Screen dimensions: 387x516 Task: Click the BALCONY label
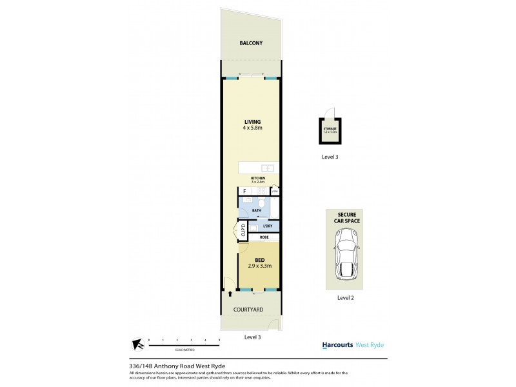(x=251, y=43)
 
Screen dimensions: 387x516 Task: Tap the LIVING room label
(x=252, y=121)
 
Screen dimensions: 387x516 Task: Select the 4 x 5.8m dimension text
(x=252, y=128)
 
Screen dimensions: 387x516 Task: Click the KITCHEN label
(x=258, y=177)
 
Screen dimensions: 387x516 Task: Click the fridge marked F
(x=244, y=192)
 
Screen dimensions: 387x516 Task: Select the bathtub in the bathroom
(x=275, y=208)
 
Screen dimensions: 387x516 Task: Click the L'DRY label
(x=267, y=226)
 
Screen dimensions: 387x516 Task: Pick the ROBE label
(x=264, y=237)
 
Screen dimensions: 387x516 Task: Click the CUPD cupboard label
(x=243, y=230)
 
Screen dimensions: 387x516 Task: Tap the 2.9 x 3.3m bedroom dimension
(x=259, y=266)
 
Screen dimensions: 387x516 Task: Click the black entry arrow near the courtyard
(x=230, y=293)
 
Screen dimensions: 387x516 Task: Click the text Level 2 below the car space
(x=346, y=298)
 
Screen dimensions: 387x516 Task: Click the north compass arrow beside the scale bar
(x=136, y=344)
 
